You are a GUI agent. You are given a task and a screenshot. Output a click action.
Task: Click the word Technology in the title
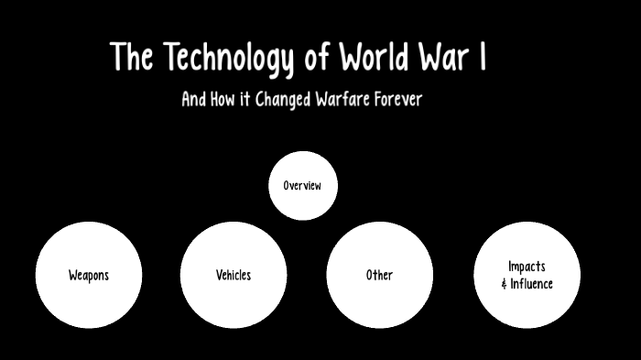pos(229,59)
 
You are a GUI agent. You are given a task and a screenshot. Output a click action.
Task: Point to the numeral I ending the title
pos(482,58)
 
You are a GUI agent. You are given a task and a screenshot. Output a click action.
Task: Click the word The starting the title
pos(133,58)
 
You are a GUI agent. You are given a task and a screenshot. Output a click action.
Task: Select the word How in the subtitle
pos(223,99)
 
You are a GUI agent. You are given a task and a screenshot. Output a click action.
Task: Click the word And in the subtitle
pos(193,99)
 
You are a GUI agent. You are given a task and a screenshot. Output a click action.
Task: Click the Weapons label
pos(89,275)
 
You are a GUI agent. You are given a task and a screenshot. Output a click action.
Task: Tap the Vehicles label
pos(234,275)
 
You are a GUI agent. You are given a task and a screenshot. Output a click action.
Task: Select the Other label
pos(379,275)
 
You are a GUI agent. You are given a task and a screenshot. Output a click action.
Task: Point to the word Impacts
pos(527,267)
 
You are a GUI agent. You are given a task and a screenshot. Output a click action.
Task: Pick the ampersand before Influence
pos(505,284)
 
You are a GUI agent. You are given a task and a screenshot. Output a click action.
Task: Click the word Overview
pos(302,186)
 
